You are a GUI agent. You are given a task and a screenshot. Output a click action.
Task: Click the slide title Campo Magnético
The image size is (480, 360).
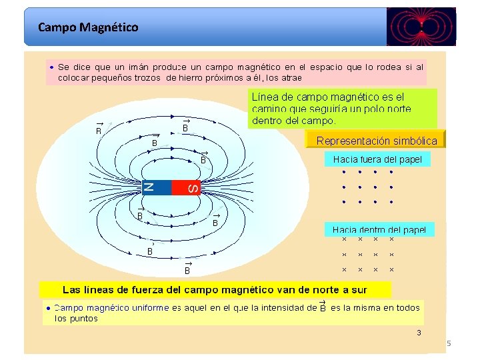tap(88, 27)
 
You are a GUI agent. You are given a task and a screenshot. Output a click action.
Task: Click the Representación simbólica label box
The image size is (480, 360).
tap(376, 141)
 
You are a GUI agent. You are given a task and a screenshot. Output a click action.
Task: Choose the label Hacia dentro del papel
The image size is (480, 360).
tap(379, 229)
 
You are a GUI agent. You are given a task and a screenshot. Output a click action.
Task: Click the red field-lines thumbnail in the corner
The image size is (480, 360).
tap(421, 27)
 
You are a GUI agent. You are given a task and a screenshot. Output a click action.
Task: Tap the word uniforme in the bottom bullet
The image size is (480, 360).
tap(146, 308)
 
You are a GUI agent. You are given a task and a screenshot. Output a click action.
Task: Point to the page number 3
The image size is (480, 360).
tap(419, 333)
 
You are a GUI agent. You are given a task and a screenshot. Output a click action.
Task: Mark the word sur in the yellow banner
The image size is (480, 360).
tap(359, 290)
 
